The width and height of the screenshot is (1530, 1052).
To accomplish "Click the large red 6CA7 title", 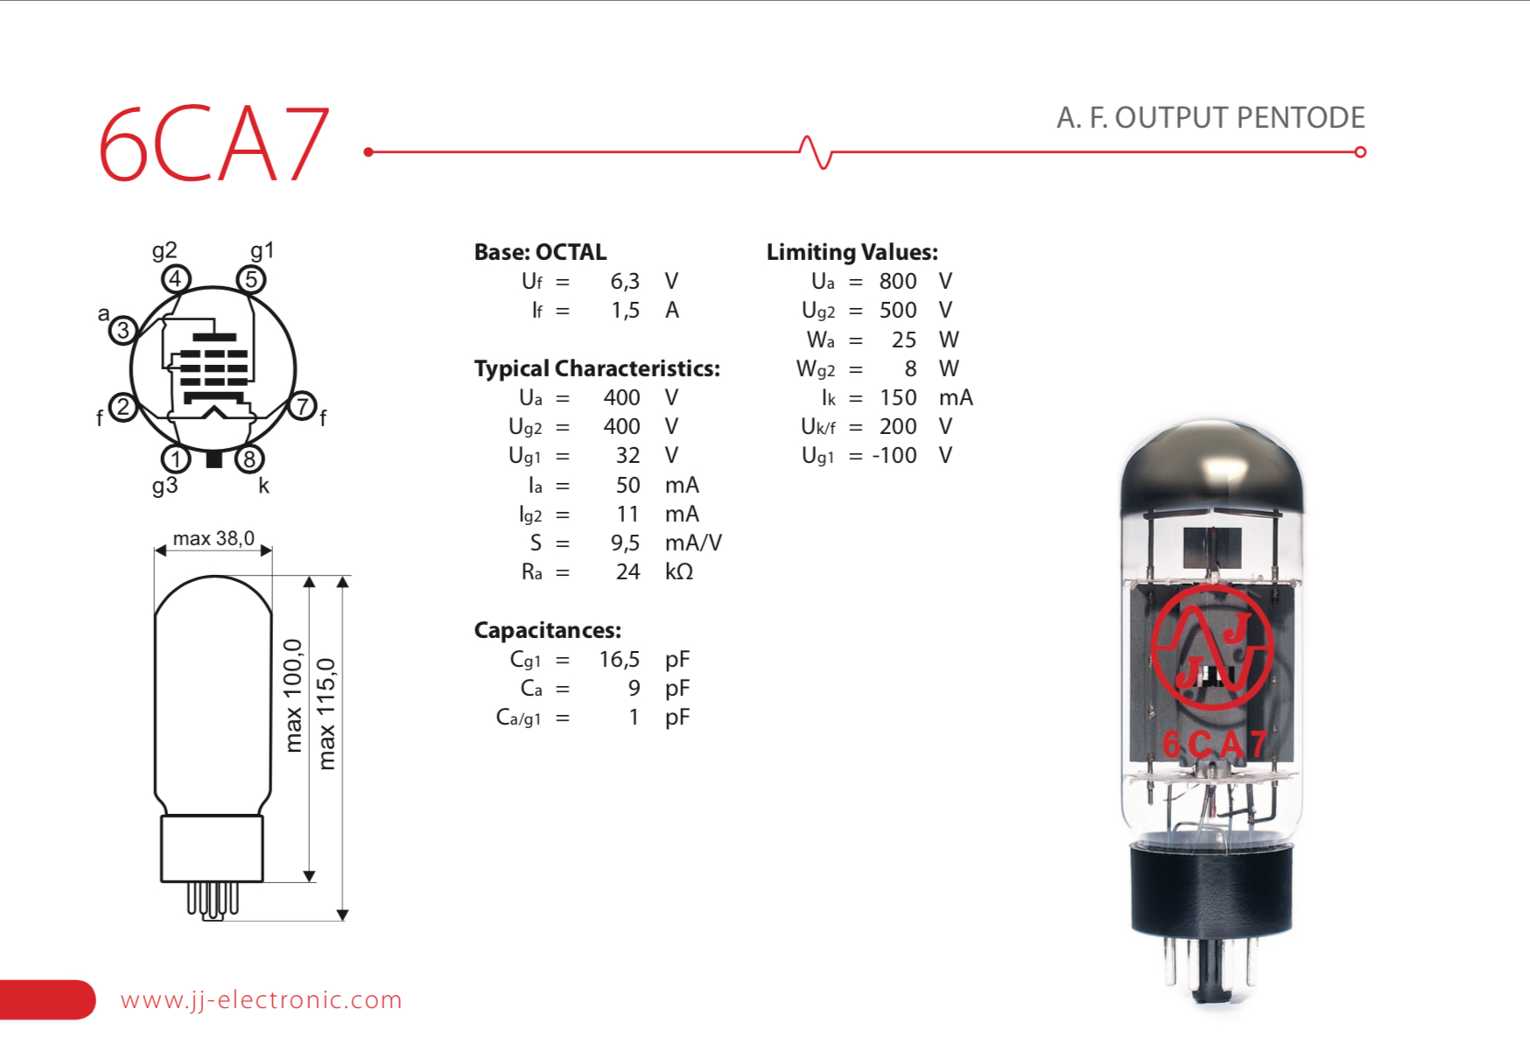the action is [x=214, y=144].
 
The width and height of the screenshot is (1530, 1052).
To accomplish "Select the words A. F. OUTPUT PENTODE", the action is [x=1211, y=117].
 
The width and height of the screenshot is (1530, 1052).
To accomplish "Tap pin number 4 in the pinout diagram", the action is [x=176, y=279].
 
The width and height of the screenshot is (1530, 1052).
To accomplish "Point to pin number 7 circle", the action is [x=302, y=406].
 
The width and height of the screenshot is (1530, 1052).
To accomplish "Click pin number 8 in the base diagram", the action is [x=249, y=459].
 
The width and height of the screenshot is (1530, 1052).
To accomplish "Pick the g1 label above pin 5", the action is [x=263, y=251].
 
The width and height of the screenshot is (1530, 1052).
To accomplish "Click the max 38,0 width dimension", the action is [x=214, y=538].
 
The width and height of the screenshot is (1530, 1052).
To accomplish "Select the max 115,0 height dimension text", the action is [x=326, y=713].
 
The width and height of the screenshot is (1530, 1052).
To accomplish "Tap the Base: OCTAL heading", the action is [x=540, y=252].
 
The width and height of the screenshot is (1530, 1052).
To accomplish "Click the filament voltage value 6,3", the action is [x=625, y=282].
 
